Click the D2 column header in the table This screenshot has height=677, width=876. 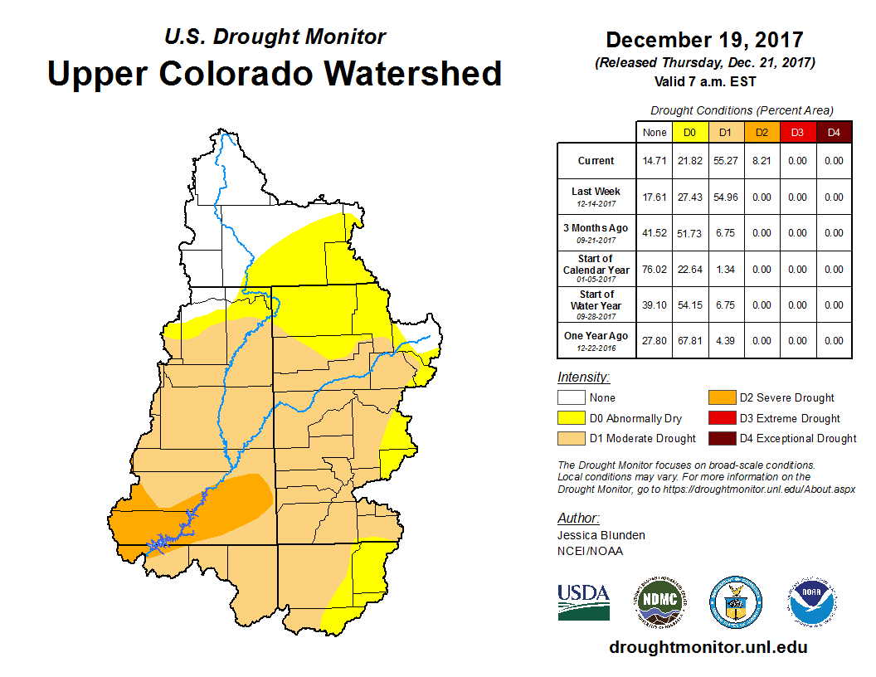[762, 132]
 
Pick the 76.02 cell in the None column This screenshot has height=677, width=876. [654, 270]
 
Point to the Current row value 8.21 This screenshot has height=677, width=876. [762, 161]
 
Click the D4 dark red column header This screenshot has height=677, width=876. [834, 132]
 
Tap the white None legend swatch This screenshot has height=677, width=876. [571, 398]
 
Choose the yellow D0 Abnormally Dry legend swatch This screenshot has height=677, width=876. [571, 418]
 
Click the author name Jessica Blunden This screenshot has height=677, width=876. [601, 535]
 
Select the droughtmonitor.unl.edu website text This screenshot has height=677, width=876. [708, 647]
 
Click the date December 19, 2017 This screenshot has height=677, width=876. [704, 40]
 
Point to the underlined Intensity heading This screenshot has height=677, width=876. [584, 377]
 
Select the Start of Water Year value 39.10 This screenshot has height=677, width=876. [654, 305]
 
